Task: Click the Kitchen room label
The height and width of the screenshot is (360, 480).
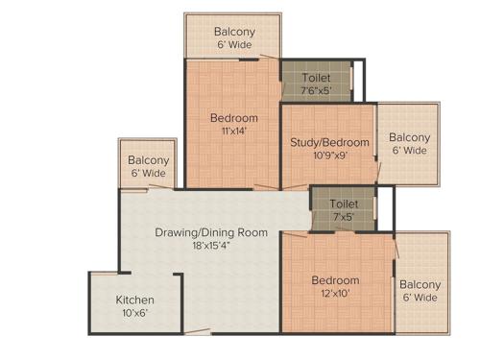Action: (134, 300)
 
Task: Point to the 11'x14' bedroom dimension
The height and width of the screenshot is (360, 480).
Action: (233, 132)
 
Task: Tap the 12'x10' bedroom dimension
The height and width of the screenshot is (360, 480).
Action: (335, 294)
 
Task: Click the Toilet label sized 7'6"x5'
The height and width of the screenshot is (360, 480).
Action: (317, 77)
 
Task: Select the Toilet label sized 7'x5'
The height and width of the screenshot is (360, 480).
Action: (344, 204)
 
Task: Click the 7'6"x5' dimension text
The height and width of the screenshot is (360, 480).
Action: (317, 90)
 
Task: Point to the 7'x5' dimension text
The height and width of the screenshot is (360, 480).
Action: (344, 217)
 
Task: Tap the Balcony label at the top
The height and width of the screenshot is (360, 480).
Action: (234, 32)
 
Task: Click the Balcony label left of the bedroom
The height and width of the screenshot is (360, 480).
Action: (149, 160)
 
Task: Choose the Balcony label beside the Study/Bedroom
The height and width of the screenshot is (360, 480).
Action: (409, 137)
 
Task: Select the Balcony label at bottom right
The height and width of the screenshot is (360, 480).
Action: (420, 284)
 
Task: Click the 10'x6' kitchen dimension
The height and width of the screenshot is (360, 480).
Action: (134, 313)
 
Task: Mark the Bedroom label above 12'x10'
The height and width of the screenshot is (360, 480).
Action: (335, 280)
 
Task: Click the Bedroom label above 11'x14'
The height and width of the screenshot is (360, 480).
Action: (233, 119)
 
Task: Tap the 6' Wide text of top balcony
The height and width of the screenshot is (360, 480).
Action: (234, 45)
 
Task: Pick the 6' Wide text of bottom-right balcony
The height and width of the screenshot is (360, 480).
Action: (420, 298)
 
